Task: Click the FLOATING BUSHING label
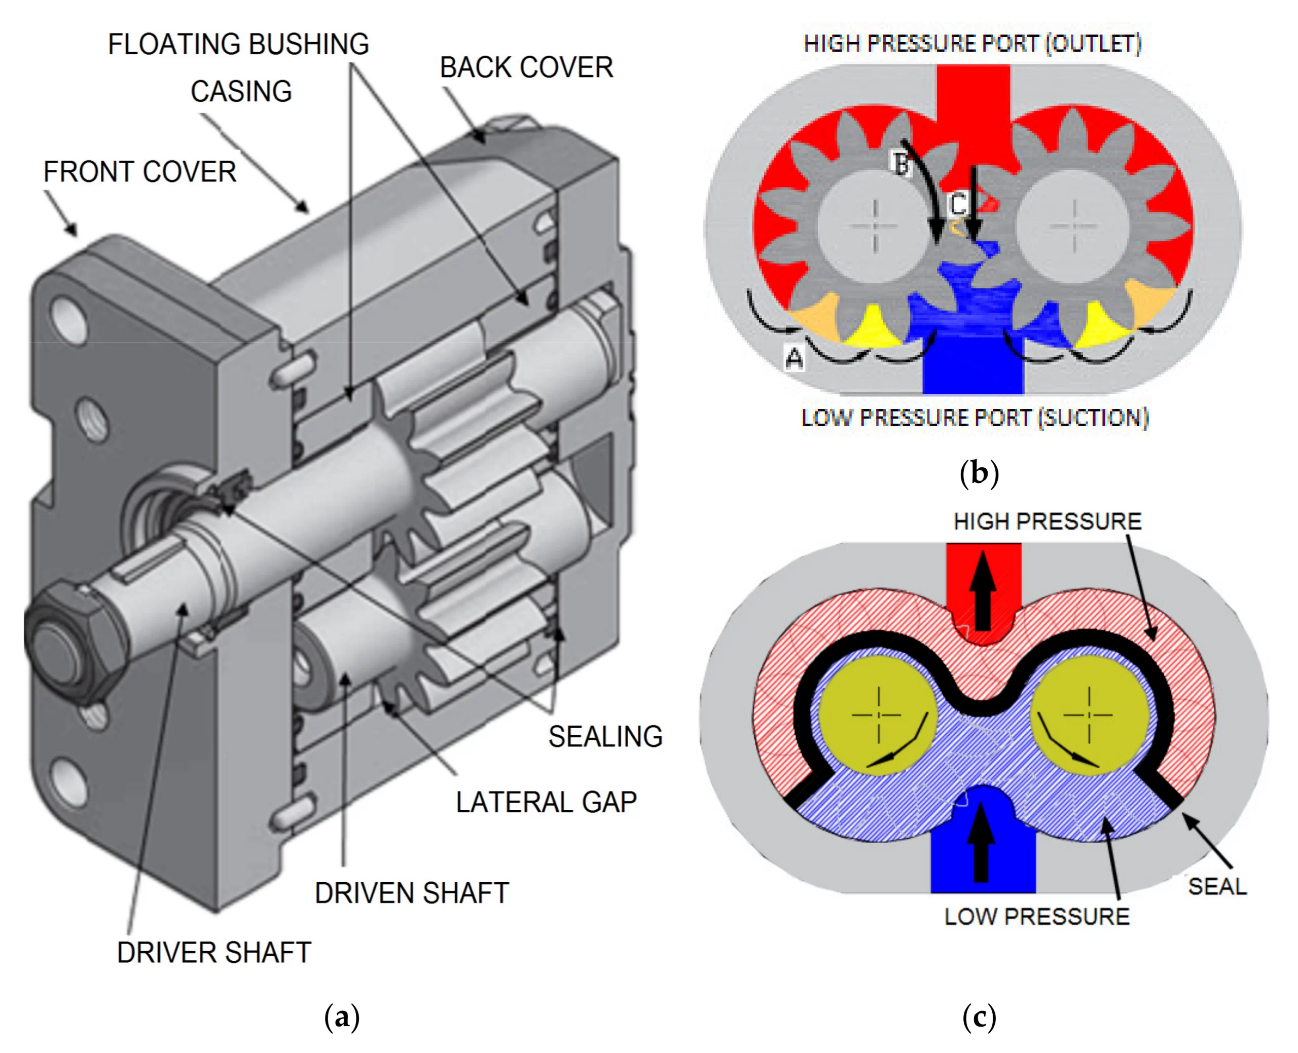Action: point(238,44)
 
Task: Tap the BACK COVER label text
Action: point(526,67)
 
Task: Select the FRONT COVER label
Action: point(139,172)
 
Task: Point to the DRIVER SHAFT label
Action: point(213,952)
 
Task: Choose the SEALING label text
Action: point(605,736)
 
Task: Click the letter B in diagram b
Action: point(902,163)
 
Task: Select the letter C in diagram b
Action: point(958,204)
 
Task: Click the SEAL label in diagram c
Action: point(1217,886)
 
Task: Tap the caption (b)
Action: point(979,472)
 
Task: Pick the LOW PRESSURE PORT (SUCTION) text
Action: point(975,418)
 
